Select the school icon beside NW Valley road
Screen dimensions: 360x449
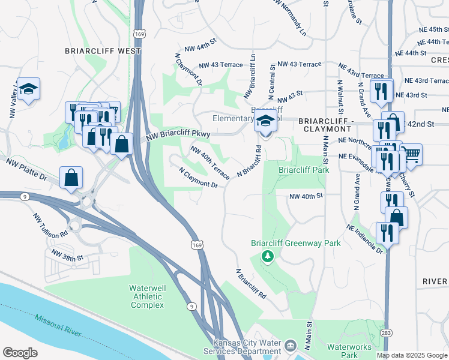(28, 89)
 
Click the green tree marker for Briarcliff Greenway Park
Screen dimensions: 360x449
(267, 257)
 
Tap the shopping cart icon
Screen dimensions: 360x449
(411, 154)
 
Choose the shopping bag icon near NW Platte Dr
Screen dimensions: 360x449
(71, 177)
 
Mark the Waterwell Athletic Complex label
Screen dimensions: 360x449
(146, 296)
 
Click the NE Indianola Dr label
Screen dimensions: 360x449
(364, 239)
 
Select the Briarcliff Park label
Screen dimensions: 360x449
(304, 170)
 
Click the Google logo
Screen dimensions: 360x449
(20, 353)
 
